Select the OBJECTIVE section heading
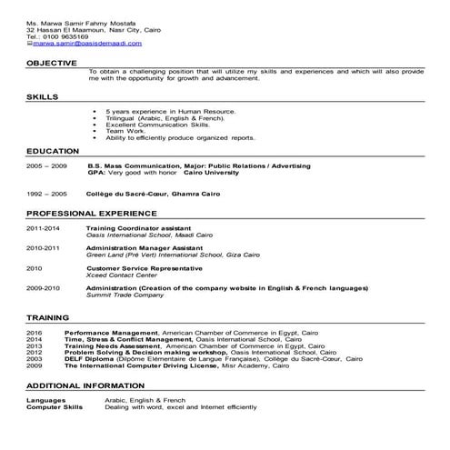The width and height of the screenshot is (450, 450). click(52, 63)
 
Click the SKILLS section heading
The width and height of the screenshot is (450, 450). click(43, 95)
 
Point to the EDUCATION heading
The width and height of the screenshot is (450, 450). click(52, 151)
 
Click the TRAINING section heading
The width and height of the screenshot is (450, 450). click(48, 319)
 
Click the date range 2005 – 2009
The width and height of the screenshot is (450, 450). click(46, 166)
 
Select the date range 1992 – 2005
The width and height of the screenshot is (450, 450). click(46, 195)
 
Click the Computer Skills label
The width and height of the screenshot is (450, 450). click(55, 406)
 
